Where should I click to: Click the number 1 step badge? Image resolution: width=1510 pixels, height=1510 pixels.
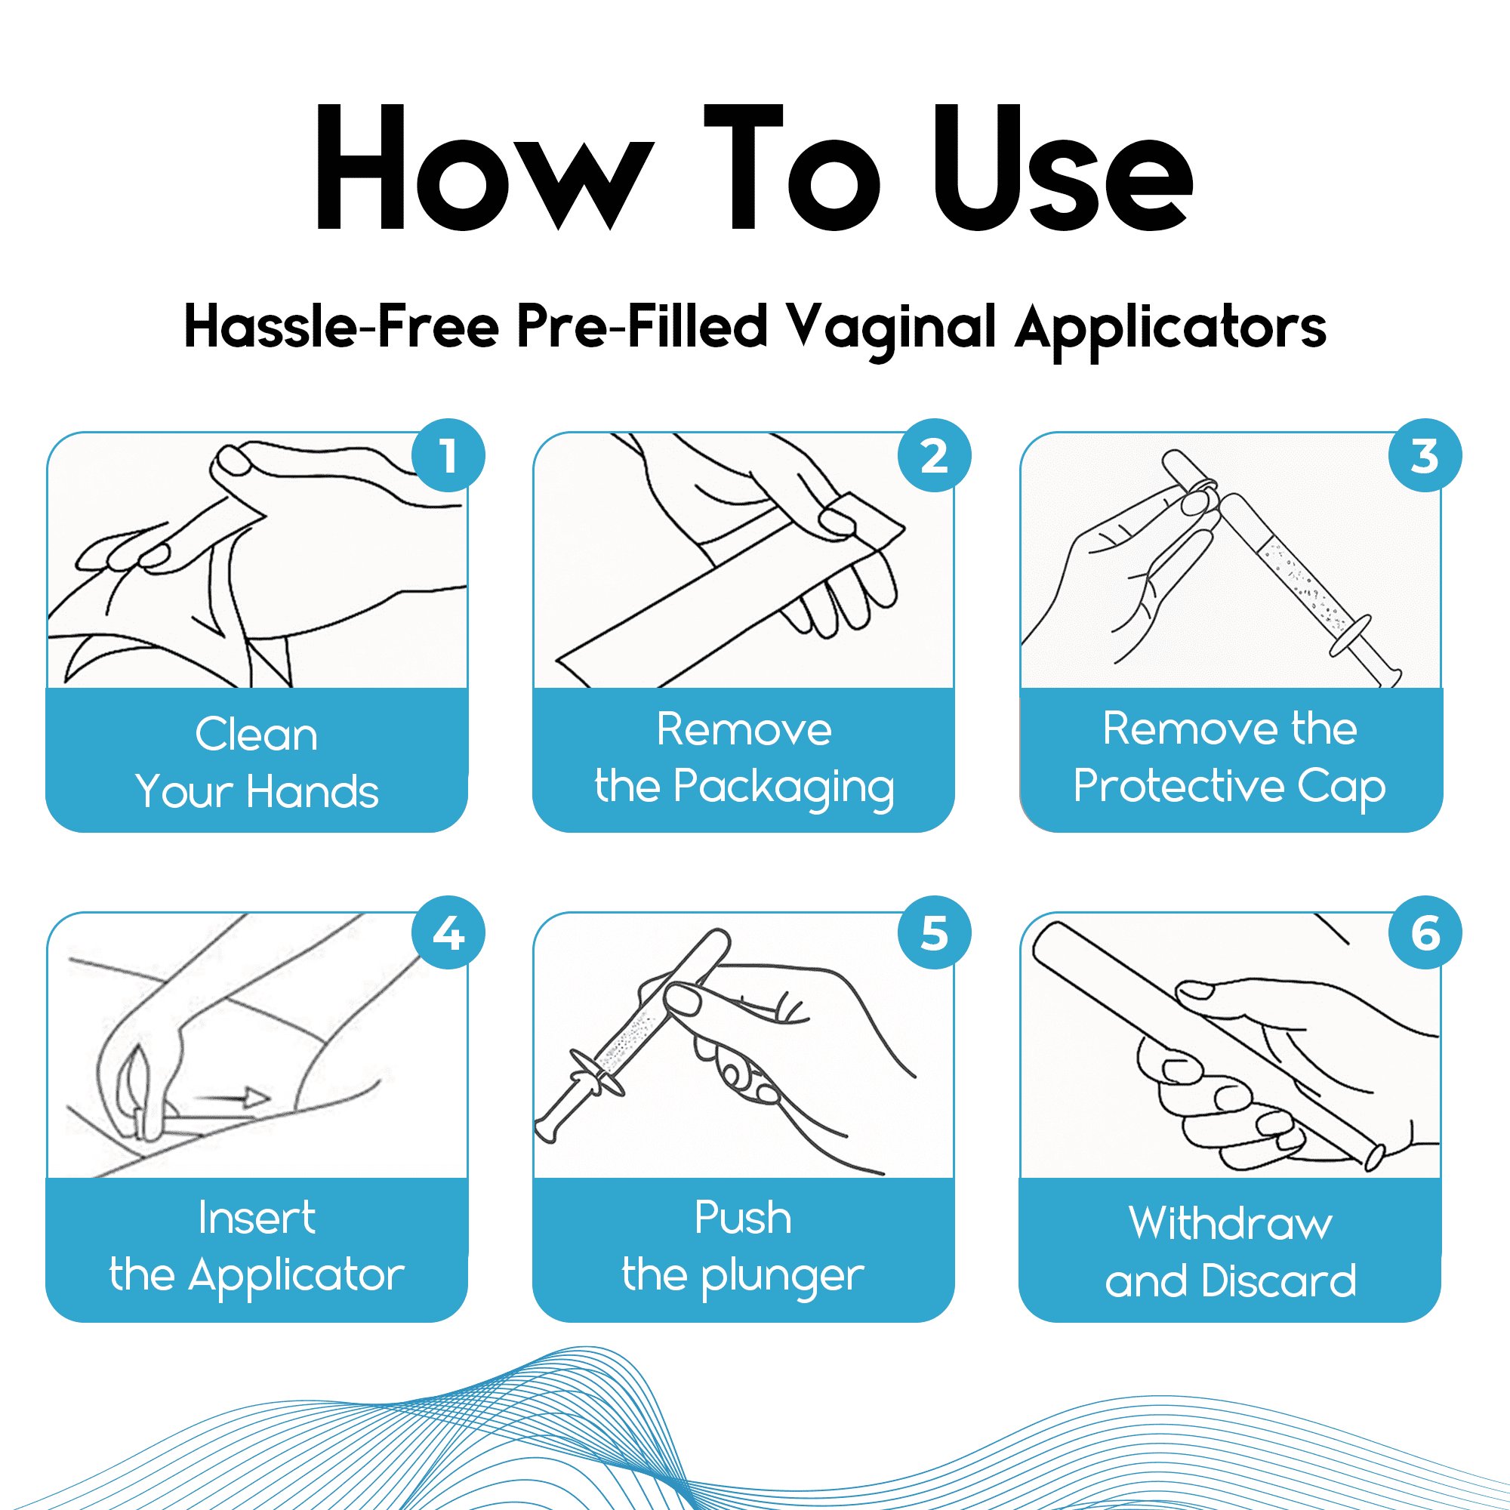(448, 456)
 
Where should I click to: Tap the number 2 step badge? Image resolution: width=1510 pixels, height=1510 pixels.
(934, 456)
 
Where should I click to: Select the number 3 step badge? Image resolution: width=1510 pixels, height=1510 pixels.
(1425, 456)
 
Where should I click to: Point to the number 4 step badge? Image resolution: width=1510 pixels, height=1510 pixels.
(448, 932)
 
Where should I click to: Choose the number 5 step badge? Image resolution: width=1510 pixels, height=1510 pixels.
(934, 932)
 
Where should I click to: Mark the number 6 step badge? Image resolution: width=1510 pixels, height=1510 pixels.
(1425, 932)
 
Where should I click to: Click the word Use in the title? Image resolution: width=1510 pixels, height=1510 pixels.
(1063, 168)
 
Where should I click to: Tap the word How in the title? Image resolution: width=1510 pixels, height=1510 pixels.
(485, 168)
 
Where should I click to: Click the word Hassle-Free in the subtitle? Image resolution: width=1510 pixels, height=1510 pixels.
(341, 326)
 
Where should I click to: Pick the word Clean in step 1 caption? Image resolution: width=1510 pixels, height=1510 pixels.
(257, 735)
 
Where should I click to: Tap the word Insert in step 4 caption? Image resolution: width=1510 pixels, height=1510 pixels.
(257, 1218)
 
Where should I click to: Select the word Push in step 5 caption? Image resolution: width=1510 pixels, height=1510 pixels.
(742, 1218)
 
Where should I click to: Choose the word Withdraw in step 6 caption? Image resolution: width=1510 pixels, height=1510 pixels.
(1230, 1223)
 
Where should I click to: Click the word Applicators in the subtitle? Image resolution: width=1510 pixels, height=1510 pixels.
(1171, 328)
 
